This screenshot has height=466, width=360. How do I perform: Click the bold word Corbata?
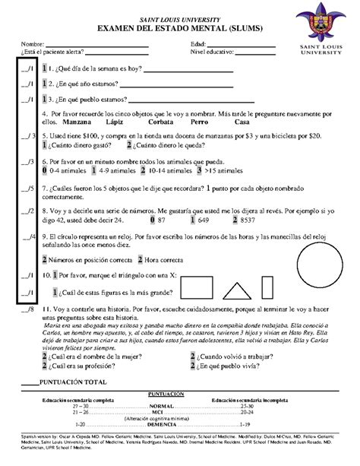162,122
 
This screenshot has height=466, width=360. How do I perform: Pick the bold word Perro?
201,122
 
